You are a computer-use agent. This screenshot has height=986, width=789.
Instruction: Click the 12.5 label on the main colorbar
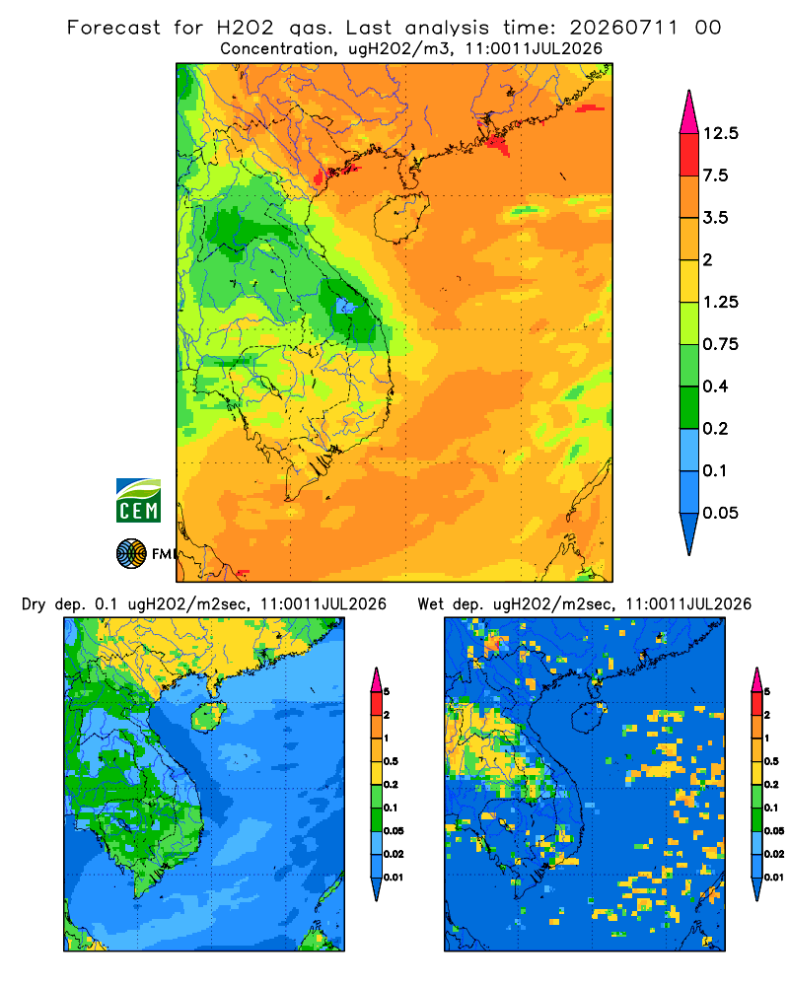[720, 133]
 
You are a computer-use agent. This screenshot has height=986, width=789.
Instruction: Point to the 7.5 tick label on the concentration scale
[715, 176]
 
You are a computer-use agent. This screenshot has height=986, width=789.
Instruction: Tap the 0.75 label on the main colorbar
[720, 344]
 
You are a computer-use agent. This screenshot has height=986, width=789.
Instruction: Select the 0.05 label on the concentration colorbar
[720, 513]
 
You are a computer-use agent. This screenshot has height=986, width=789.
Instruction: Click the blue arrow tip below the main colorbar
[689, 533]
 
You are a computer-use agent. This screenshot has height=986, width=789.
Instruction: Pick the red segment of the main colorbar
[689, 155]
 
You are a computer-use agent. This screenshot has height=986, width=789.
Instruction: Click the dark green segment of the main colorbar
[689, 407]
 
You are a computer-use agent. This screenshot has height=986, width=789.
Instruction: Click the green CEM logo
[138, 501]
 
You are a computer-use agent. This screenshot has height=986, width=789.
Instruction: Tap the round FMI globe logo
[131, 554]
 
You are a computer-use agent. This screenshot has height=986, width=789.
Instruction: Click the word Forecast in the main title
[113, 28]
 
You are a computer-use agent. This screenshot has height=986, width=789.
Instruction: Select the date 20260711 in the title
[623, 28]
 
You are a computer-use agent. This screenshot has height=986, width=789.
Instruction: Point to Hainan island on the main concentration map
[400, 217]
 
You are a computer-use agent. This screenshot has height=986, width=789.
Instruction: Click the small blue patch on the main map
[344, 307]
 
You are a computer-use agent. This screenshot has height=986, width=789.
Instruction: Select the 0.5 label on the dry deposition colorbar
[391, 761]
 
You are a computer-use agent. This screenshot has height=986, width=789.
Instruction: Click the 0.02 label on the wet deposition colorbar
[774, 854]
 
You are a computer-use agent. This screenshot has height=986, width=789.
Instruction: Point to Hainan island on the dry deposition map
[209, 716]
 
